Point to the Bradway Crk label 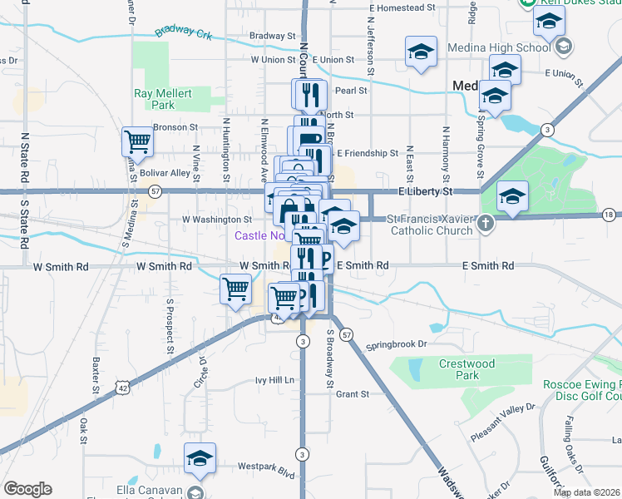pos(183,32)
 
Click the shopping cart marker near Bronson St pos(137,141)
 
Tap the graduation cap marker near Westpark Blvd pos(200,459)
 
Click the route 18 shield pos(609,215)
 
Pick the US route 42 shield pos(123,388)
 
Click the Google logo pos(27,489)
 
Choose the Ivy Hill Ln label pos(275,380)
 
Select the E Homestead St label pos(402,7)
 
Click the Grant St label pos(352,394)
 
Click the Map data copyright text pos(587,492)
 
